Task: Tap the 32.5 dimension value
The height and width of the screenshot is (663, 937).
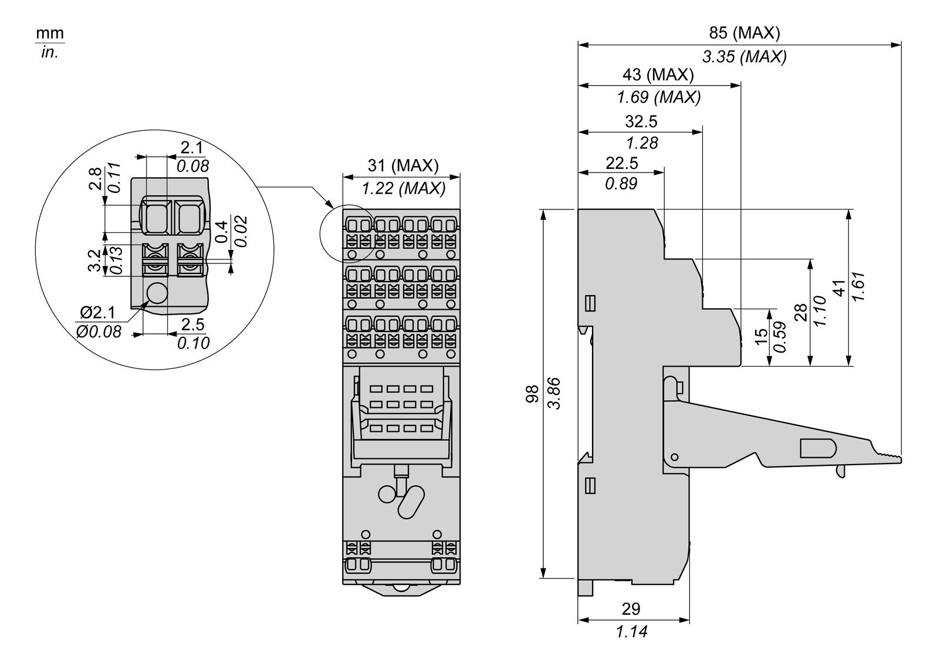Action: tap(641, 121)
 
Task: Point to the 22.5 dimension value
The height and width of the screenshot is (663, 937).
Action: tap(621, 163)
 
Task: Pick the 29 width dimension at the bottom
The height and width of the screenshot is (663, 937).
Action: tap(631, 608)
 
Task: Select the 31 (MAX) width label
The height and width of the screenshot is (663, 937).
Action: tap(403, 165)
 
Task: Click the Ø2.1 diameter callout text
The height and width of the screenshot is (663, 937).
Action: tap(97, 313)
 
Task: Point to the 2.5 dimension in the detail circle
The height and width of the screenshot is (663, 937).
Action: tap(193, 324)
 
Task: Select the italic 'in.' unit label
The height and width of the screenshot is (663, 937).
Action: tap(50, 53)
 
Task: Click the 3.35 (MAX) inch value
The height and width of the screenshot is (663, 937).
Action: tap(744, 56)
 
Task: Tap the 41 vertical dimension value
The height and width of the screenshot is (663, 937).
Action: tap(840, 287)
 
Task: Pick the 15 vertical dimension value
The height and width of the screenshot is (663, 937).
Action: tap(760, 336)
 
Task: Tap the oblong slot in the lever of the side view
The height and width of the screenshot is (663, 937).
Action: tap(818, 448)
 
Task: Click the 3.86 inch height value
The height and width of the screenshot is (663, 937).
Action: tap(554, 393)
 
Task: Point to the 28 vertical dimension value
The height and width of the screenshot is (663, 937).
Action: tap(800, 312)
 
